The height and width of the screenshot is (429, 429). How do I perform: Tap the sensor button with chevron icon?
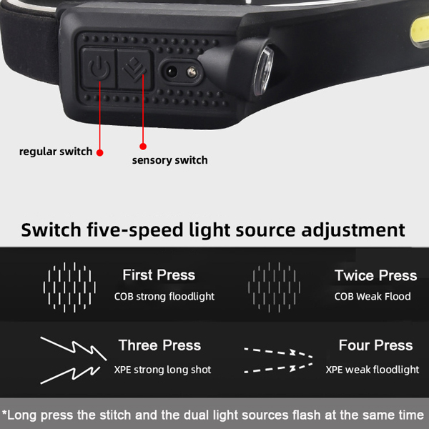click(x=134, y=69)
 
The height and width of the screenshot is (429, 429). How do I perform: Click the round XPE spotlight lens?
click(x=263, y=71)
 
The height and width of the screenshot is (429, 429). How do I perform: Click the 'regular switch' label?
click(x=56, y=152)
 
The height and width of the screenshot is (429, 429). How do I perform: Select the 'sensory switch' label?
click(x=170, y=160)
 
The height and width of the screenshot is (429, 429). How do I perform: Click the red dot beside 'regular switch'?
click(x=100, y=153)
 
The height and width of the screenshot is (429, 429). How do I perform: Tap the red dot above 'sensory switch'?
click(x=143, y=147)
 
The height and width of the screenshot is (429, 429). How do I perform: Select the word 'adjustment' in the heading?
click(x=353, y=230)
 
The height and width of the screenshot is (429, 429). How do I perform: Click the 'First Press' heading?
click(x=159, y=275)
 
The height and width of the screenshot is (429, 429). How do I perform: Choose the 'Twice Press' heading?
click(x=376, y=275)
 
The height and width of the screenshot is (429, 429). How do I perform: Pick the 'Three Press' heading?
click(x=159, y=345)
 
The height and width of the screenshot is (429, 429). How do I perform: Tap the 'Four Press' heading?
click(x=375, y=345)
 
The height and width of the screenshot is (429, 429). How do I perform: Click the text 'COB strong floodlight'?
click(x=164, y=297)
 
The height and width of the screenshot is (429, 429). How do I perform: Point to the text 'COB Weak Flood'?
click(x=373, y=297)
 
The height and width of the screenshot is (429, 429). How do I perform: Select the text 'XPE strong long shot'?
click(x=162, y=370)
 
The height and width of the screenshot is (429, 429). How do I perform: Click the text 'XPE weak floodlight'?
click(x=373, y=370)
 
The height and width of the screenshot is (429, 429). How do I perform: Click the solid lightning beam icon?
click(x=74, y=360)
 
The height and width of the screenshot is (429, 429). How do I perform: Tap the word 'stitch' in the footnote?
click(x=115, y=415)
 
